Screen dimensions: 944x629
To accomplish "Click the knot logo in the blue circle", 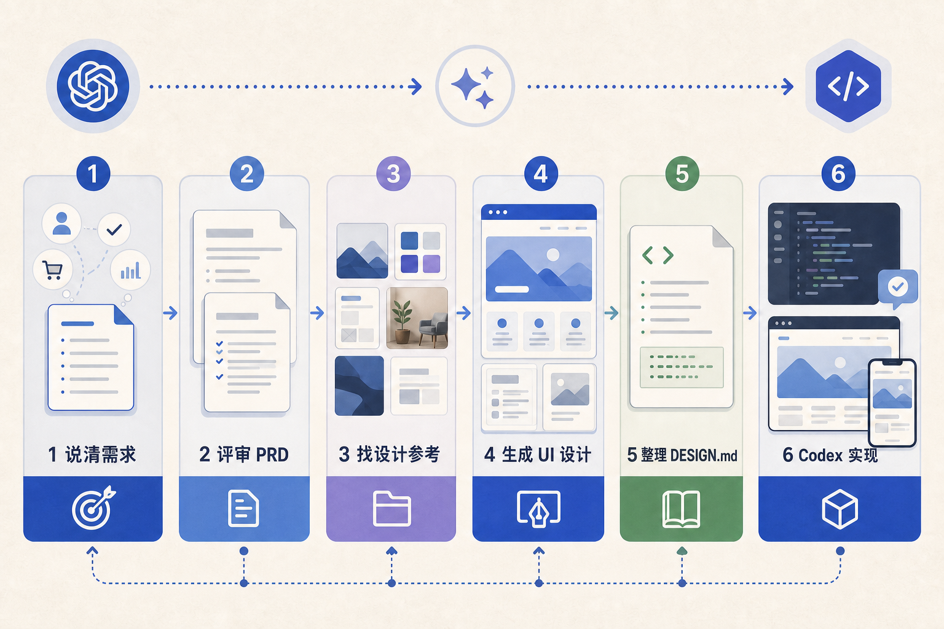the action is click(x=93, y=86).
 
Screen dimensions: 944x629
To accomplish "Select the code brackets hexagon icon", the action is click(x=848, y=86).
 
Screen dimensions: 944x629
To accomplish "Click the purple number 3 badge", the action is click(x=393, y=174).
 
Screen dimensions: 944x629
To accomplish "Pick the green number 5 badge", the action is click(x=682, y=174).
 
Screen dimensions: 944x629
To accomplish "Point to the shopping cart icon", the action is click(x=53, y=270).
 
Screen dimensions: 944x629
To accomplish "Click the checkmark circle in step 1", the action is click(x=114, y=230).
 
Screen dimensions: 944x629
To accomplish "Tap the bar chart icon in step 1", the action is click(x=130, y=270).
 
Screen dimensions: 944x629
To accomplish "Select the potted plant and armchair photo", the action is click(x=417, y=318).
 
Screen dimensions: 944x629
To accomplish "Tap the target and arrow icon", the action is click(x=93, y=507).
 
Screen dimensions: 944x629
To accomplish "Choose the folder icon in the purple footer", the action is click(x=392, y=509).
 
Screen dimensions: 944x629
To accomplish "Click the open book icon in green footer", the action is click(x=681, y=509).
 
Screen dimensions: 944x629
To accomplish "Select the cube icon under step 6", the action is click(x=840, y=509).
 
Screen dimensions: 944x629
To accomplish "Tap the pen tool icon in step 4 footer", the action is click(x=538, y=509).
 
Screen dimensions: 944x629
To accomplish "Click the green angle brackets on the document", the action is click(x=658, y=255).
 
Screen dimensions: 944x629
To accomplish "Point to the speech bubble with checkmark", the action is click(x=898, y=288).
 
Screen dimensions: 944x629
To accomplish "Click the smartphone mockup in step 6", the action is click(x=892, y=403).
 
